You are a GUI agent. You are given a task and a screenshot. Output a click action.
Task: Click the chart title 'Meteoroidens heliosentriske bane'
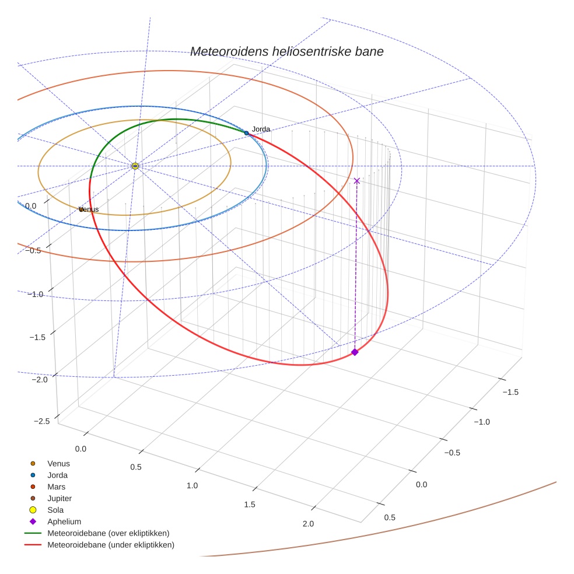tap(286, 51)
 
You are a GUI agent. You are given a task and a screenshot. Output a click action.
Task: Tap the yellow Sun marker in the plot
tap(135, 166)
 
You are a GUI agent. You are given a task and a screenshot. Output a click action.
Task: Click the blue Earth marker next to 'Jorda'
tap(246, 133)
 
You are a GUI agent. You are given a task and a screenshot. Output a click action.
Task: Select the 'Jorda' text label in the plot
tap(261, 128)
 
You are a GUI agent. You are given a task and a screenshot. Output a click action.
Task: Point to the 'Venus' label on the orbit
tap(89, 209)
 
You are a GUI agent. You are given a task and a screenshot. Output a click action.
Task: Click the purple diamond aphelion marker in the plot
tap(355, 352)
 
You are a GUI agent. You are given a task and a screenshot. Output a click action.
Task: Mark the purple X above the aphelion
tap(357, 181)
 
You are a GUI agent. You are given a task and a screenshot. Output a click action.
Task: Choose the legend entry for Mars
tap(56, 487)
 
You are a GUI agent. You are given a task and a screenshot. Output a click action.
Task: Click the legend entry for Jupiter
tap(60, 498)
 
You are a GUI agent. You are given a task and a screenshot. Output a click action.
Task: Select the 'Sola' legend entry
tap(56, 510)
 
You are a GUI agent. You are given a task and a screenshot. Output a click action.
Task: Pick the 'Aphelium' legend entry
tap(64, 521)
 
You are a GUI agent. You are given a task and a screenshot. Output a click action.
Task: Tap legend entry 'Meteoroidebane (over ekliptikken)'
tap(108, 533)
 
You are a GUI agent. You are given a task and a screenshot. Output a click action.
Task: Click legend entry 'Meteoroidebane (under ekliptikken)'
tap(111, 545)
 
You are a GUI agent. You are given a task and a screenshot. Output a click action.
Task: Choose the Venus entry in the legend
tap(58, 463)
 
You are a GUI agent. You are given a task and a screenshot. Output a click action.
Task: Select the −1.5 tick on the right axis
tap(509, 392)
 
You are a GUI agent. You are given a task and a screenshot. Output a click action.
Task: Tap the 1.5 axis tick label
tap(249, 504)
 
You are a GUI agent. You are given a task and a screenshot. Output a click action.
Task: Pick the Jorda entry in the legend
tap(57, 475)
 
